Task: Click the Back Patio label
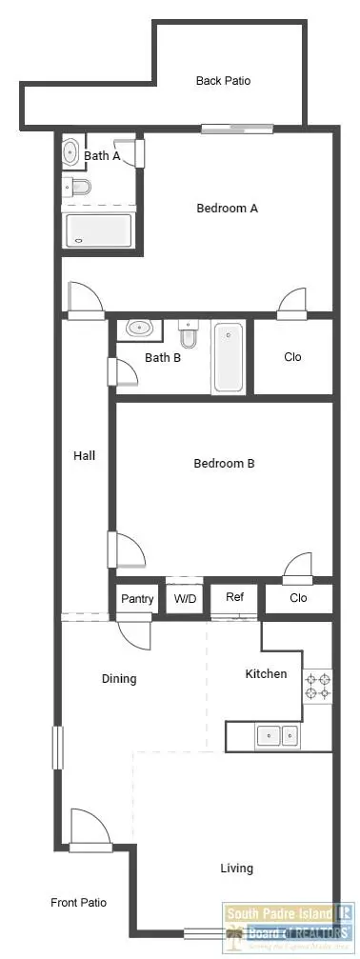[223, 81]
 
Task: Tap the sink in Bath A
[71, 151]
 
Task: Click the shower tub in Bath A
[98, 230]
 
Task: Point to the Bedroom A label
[227, 208]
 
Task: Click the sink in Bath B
[140, 329]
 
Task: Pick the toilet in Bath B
[189, 334]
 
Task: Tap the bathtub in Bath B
[229, 357]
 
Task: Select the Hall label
[84, 455]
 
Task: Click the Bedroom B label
[224, 464]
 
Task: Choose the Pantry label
[137, 599]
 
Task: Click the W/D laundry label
[184, 599]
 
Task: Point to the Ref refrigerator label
[234, 597]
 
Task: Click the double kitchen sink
[276, 735]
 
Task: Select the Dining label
[119, 679]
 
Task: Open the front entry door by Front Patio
[91, 829]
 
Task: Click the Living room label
[236, 868]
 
